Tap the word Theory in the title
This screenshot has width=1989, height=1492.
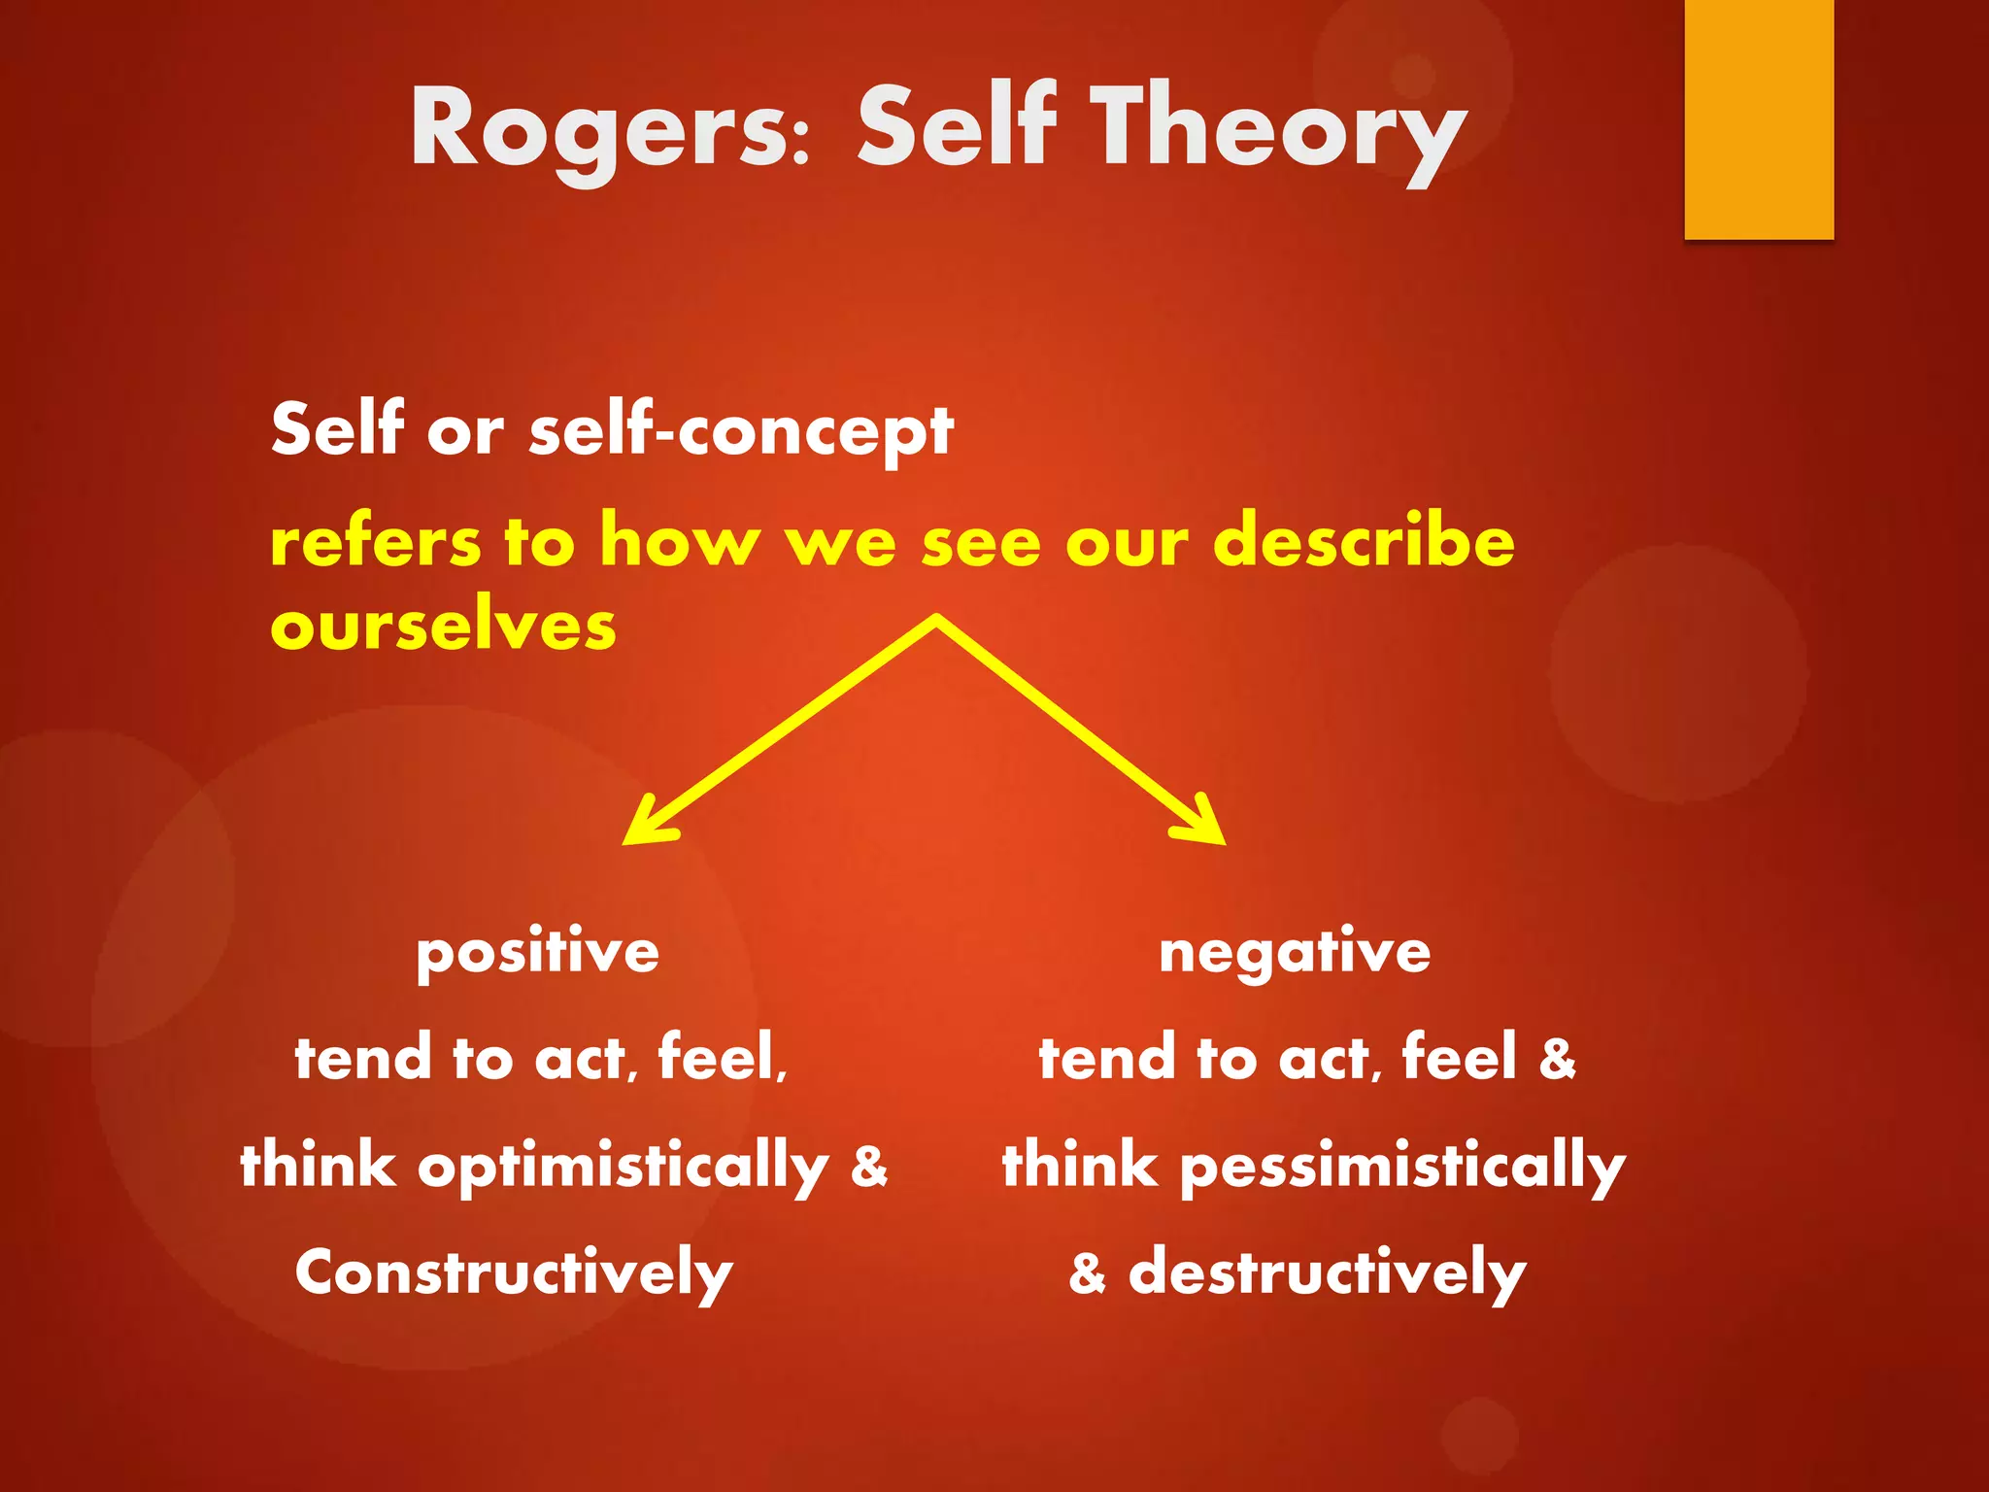(1282, 131)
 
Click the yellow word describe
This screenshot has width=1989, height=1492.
(1364, 540)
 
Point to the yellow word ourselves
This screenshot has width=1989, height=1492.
(443, 627)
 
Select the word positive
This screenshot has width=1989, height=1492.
(537, 952)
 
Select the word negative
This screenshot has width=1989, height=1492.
(1295, 952)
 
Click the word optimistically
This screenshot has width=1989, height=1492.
(623, 1166)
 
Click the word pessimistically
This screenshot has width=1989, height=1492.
(1401, 1166)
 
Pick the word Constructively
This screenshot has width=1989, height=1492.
(514, 1272)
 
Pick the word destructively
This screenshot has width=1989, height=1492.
(1327, 1272)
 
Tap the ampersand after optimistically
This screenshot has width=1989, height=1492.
(869, 1167)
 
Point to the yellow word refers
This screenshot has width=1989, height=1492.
(375, 542)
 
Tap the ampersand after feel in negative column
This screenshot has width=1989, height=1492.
(1558, 1059)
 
